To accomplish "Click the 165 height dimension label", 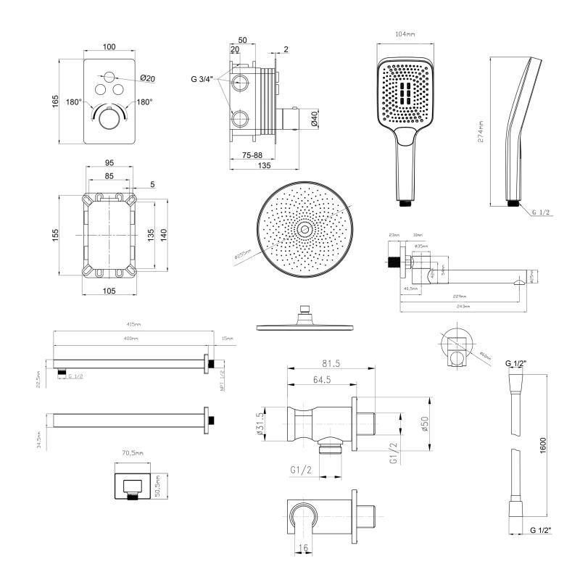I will pyautogui.click(x=57, y=101).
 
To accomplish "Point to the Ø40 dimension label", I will pyautogui.click(x=314, y=119).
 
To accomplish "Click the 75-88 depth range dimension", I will pyautogui.click(x=253, y=155).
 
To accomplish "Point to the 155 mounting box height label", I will pyautogui.click(x=57, y=236).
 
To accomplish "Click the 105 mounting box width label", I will pyautogui.click(x=109, y=291).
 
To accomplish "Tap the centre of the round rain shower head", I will pyautogui.click(x=304, y=229).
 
